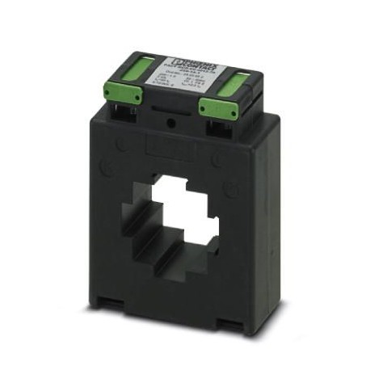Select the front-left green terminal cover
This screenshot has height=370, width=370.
(x=122, y=94)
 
